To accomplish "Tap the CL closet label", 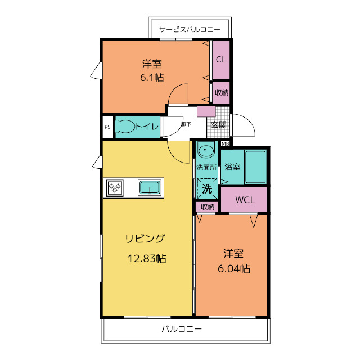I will tap(221, 60).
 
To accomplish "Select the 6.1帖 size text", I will tap(152, 78).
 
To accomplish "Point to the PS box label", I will tap(107, 127).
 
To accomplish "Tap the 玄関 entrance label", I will tap(219, 124).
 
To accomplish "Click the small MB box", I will tap(226, 144).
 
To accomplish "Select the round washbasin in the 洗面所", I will tap(206, 151).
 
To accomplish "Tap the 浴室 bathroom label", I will tap(232, 167).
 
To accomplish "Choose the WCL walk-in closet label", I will tap(244, 200).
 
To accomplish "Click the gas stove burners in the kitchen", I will tap(116, 187).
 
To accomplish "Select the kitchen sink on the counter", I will tap(150, 187).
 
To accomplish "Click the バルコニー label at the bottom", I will tap(181, 329).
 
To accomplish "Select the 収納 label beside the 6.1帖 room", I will tap(222, 92).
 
